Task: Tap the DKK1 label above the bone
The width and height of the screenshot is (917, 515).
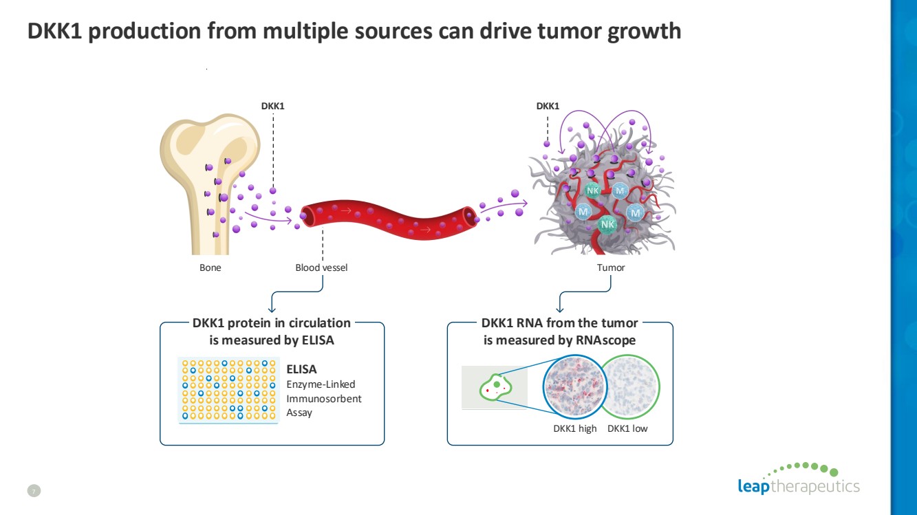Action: pyautogui.click(x=272, y=106)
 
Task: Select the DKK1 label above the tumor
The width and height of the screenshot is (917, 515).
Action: pyautogui.click(x=548, y=106)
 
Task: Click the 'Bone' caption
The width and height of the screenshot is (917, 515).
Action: pyautogui.click(x=211, y=267)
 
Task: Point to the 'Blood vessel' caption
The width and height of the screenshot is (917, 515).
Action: pyautogui.click(x=321, y=267)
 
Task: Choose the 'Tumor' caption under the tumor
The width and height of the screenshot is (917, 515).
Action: pyautogui.click(x=611, y=267)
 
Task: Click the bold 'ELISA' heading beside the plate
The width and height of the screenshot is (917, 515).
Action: pyautogui.click(x=301, y=370)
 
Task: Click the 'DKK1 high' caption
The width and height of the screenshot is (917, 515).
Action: pyautogui.click(x=575, y=429)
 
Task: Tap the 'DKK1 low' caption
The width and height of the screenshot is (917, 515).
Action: pyautogui.click(x=627, y=429)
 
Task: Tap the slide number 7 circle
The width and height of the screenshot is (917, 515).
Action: pyautogui.click(x=34, y=490)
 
